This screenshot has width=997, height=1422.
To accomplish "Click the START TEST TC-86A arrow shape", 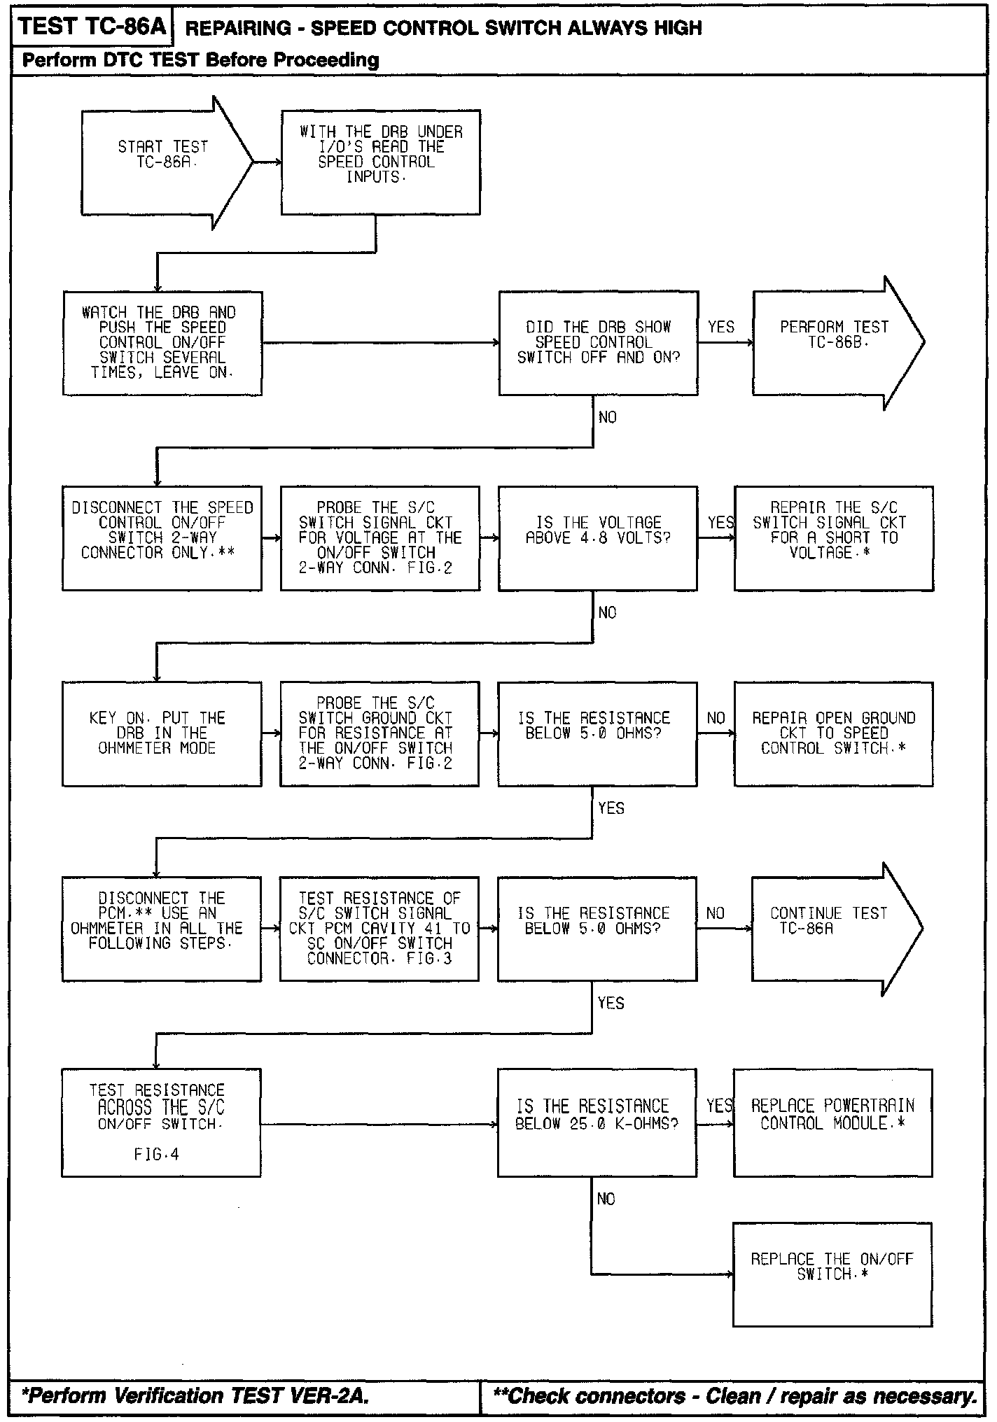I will (165, 162).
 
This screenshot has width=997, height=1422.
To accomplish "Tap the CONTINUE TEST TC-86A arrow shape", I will (833, 929).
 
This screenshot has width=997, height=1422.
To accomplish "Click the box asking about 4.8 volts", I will (598, 538).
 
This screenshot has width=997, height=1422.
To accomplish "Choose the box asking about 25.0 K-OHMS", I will (597, 1122).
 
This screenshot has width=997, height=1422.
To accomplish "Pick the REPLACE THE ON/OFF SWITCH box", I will (832, 1274).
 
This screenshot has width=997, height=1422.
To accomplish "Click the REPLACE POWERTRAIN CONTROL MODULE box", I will (832, 1122).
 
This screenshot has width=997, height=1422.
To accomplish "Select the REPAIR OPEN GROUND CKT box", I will (833, 734).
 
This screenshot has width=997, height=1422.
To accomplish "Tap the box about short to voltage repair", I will (833, 538).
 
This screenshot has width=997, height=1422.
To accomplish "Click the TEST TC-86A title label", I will (92, 27).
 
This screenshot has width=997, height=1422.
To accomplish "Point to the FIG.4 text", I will (157, 1154).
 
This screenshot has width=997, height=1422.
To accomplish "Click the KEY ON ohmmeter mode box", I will (162, 734).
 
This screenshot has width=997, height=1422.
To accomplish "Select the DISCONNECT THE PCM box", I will (161, 929).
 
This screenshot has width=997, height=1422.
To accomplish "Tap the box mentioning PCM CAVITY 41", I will (379, 929).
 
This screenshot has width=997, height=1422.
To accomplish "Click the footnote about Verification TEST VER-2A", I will (195, 1396).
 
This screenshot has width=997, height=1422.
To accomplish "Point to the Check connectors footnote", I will (734, 1396).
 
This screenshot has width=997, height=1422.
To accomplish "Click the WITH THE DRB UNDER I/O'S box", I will (381, 162).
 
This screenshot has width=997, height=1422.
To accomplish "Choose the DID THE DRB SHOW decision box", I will (598, 343).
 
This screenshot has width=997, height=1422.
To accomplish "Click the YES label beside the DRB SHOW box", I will (721, 327).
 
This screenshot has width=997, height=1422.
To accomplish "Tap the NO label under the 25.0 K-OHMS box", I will (606, 1199).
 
